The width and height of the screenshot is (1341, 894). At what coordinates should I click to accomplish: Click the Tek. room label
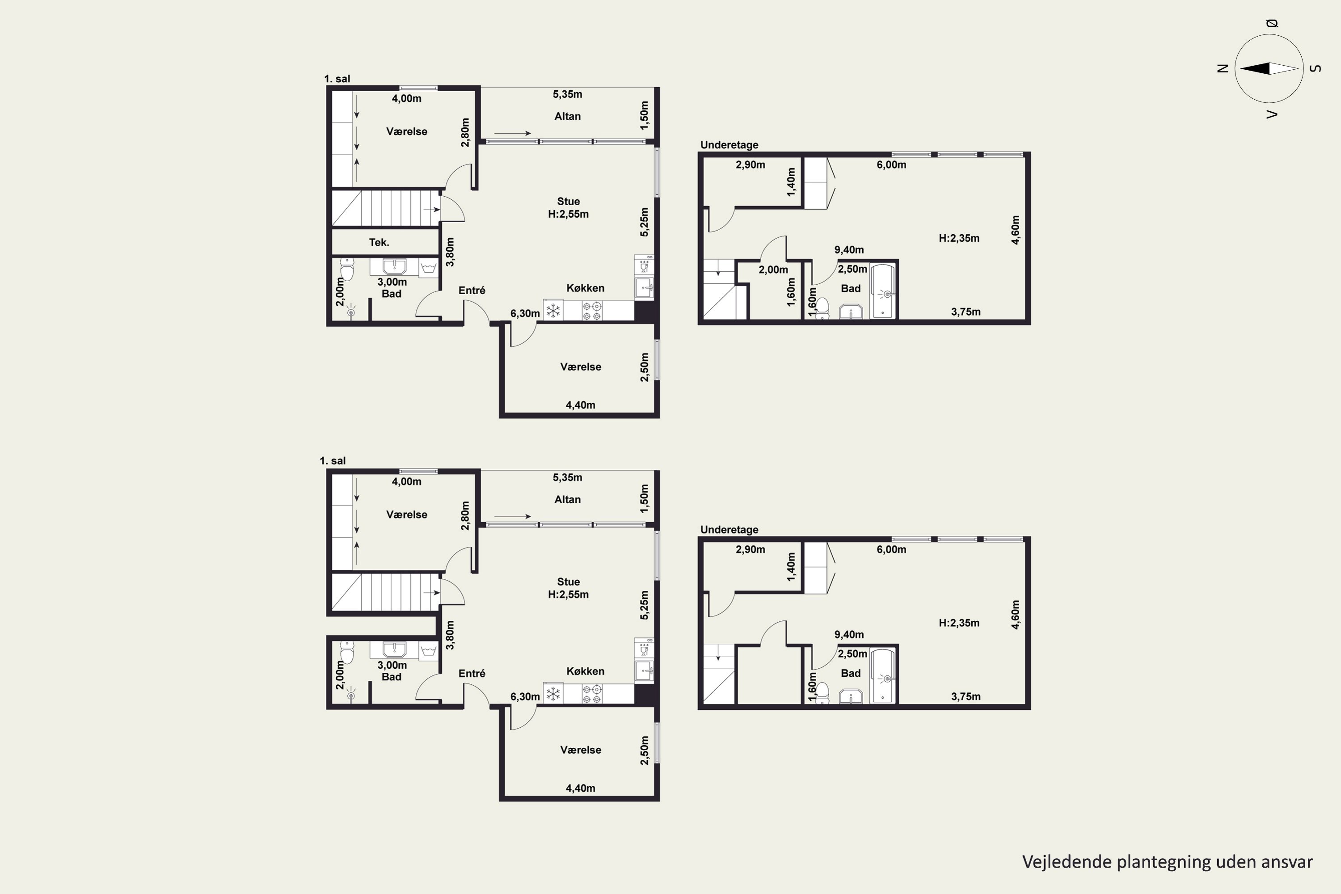[379, 242]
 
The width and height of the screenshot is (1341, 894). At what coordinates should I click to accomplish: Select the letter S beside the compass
[1316, 68]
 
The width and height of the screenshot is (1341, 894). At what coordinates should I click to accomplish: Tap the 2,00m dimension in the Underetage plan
[773, 270]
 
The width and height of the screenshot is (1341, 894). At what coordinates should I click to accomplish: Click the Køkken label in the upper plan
[585, 288]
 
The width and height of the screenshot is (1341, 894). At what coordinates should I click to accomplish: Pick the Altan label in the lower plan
[567, 499]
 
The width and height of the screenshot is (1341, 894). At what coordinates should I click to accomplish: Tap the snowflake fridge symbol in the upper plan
[553, 311]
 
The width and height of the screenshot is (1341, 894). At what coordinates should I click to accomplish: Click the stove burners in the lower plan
[592, 694]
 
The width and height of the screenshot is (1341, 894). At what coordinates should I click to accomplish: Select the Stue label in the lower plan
[569, 582]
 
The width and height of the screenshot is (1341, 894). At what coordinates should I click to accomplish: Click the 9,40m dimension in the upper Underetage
[849, 250]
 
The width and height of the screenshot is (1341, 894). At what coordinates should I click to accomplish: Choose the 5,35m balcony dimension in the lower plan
[567, 477]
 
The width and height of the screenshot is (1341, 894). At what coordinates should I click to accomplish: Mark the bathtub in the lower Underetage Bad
[882, 675]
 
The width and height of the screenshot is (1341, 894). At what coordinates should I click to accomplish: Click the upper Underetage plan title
[729, 145]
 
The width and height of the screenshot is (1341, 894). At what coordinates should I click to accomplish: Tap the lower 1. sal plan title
[333, 461]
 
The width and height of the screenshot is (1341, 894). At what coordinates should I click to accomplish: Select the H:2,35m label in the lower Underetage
[959, 623]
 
